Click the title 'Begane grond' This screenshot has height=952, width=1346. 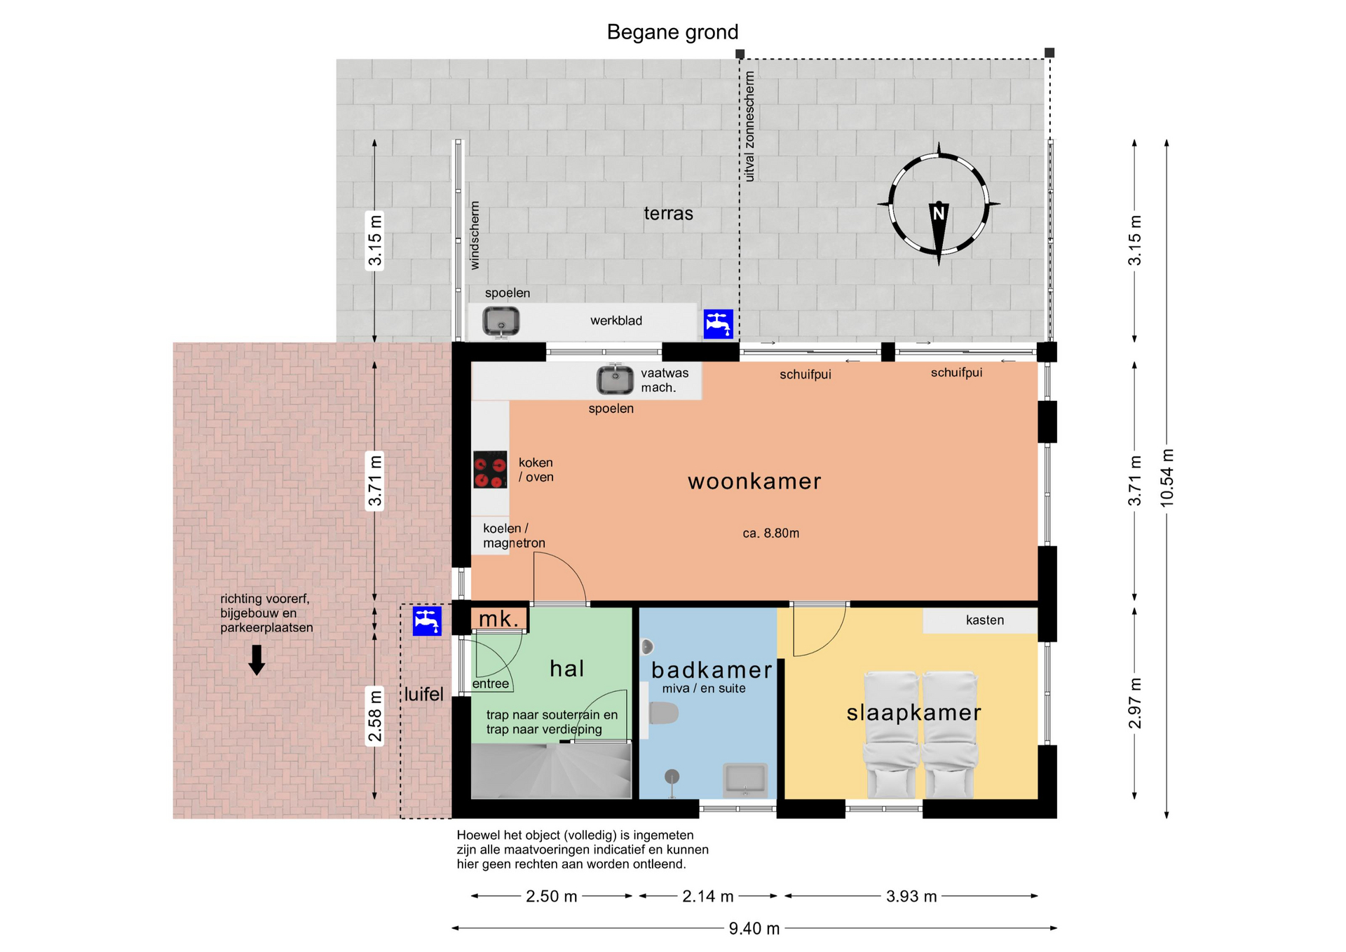click(672, 32)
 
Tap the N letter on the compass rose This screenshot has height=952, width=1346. click(939, 212)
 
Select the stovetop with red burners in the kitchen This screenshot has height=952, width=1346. click(490, 470)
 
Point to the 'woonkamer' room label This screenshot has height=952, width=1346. click(754, 482)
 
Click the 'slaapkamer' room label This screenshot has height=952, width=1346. click(913, 713)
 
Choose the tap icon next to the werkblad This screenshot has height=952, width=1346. click(719, 324)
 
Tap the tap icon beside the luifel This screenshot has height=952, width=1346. click(427, 621)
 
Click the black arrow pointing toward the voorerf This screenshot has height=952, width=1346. click(257, 660)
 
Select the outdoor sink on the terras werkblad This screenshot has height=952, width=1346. click(501, 322)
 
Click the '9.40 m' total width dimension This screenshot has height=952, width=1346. click(754, 929)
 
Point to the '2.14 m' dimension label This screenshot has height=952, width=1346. click(708, 897)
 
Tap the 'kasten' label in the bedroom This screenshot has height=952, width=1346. click(985, 620)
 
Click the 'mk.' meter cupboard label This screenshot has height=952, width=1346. click(499, 619)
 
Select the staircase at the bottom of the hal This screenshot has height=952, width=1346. click(551, 771)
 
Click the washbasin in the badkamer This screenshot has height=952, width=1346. click(745, 780)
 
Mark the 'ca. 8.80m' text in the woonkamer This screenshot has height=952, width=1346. click(771, 533)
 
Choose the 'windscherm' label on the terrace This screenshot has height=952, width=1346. click(475, 236)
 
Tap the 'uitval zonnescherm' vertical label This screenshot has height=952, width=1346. click(749, 126)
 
